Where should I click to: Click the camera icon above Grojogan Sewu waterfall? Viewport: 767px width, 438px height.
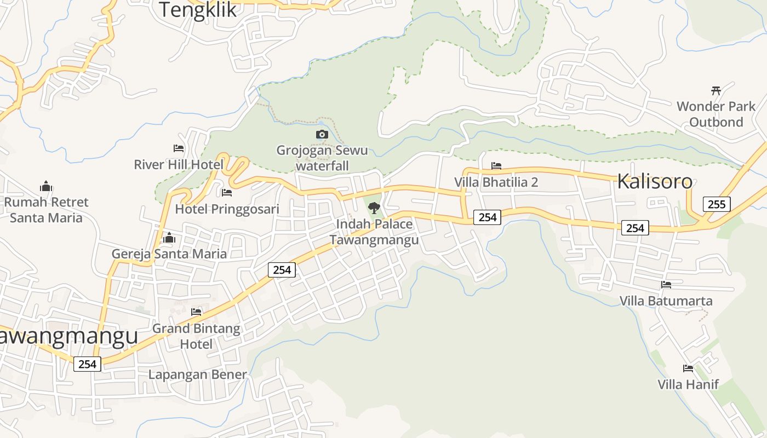point(322,134)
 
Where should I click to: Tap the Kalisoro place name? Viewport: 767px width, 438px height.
point(654,181)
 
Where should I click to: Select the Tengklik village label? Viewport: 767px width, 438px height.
point(198,10)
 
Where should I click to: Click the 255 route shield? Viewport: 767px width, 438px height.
point(716,204)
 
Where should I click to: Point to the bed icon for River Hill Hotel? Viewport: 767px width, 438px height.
point(179,148)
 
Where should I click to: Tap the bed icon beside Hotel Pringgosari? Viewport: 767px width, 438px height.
point(227,193)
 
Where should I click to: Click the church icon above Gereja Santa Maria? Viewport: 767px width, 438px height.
point(169,238)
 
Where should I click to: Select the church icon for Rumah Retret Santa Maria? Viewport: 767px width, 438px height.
point(47,186)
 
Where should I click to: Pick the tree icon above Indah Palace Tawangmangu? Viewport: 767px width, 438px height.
point(374,208)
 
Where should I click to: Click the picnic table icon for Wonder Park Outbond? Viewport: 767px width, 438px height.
point(716,90)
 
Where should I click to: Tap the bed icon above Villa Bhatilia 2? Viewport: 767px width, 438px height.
point(496,165)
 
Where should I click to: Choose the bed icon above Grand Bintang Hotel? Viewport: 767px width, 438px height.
point(196,312)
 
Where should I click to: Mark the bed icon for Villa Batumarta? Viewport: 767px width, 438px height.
point(666,285)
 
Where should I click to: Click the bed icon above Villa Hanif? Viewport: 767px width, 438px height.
point(688,368)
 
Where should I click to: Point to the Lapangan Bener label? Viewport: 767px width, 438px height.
point(198,374)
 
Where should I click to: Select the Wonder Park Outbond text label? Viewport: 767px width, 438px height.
point(716,114)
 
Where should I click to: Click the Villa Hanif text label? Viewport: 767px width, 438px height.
point(688,384)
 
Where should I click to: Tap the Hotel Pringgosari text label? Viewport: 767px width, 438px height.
point(227,209)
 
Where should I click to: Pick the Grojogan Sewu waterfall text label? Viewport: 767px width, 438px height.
point(322,158)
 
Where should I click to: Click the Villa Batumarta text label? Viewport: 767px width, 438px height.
point(666,301)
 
